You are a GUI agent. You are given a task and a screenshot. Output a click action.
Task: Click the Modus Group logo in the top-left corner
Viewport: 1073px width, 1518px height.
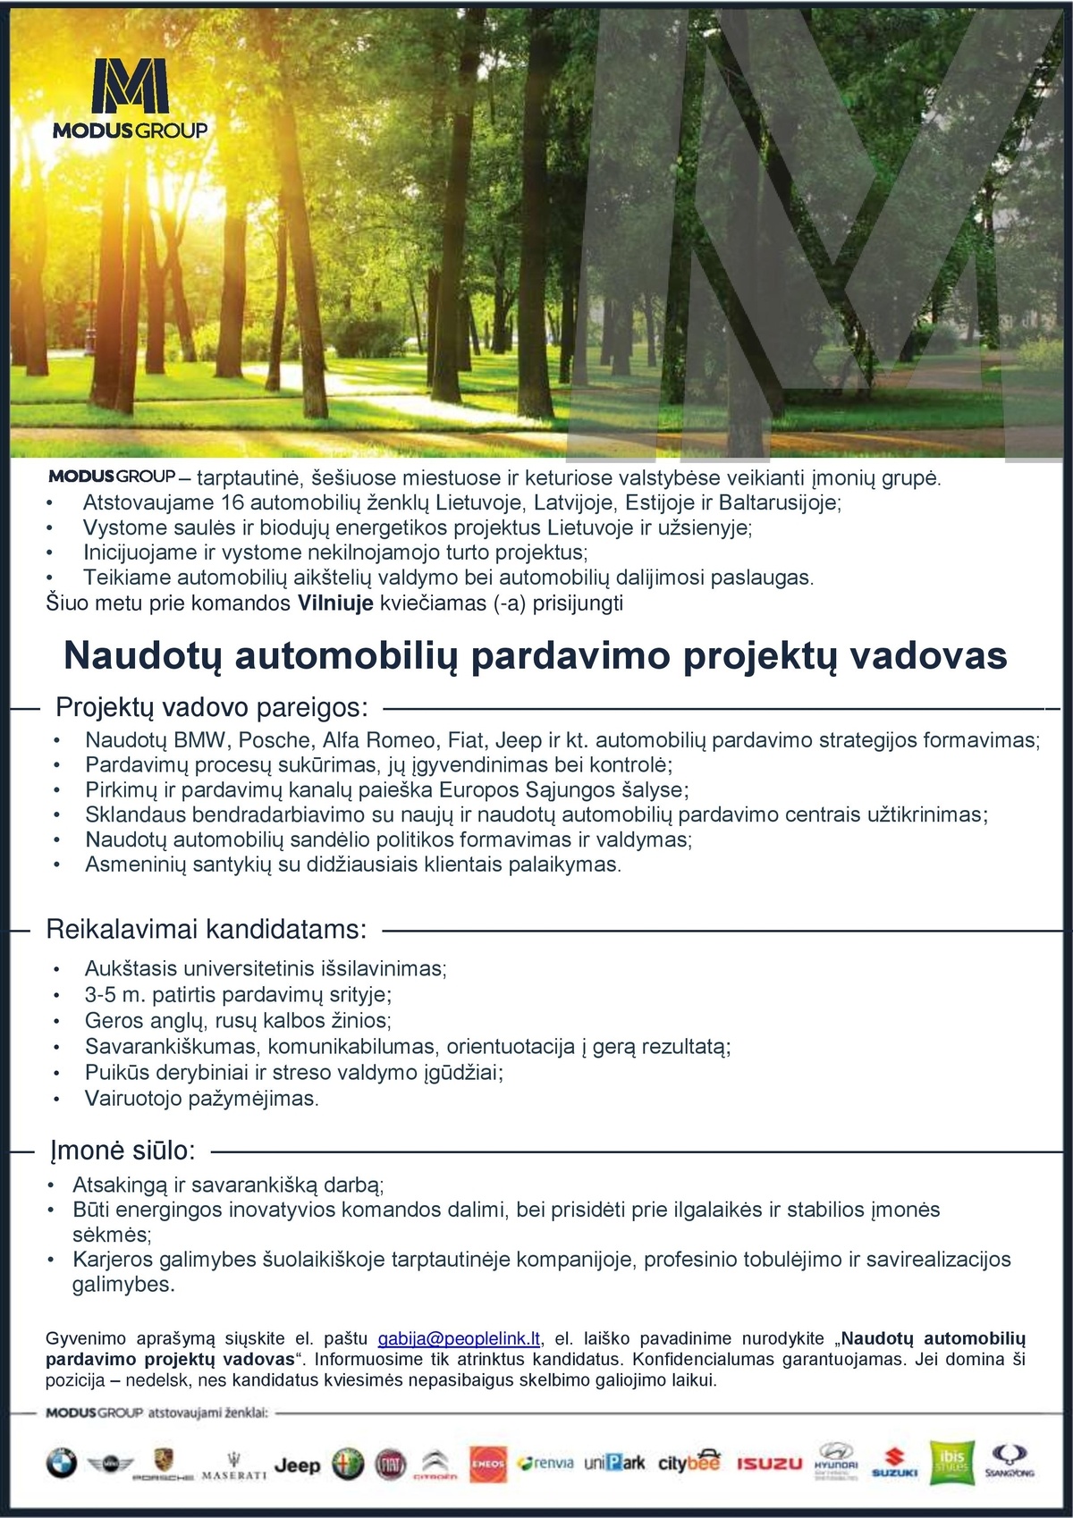coord(131,99)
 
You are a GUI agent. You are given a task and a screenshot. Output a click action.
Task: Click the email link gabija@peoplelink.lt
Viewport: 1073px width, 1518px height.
coord(459,1338)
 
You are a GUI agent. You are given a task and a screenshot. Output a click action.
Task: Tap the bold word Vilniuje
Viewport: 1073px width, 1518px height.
coord(335,603)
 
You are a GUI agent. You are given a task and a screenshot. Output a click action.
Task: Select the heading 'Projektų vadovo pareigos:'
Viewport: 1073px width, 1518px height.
coord(212,708)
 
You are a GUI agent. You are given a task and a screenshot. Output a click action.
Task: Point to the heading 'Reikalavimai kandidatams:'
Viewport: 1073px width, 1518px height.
coord(206,930)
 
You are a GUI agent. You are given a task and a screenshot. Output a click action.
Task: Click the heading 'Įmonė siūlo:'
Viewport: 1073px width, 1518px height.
coord(123,1151)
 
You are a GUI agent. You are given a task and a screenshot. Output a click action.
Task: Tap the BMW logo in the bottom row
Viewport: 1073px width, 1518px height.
coord(62,1463)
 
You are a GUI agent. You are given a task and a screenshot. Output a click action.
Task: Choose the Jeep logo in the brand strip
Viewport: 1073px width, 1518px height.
coord(297,1464)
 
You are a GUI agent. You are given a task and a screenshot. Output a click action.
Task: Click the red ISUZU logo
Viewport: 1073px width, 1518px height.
coord(770,1463)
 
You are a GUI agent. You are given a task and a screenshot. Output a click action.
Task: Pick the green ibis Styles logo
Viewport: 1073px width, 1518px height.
coord(951,1463)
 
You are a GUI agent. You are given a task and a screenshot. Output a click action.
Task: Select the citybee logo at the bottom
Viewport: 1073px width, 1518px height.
coord(689,1462)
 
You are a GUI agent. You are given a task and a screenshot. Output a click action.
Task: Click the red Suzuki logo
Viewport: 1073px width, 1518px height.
coord(895,1463)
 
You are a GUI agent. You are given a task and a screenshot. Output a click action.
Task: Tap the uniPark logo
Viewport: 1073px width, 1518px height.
coord(614,1463)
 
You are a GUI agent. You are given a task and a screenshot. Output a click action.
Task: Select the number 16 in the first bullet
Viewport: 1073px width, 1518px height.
coord(232,502)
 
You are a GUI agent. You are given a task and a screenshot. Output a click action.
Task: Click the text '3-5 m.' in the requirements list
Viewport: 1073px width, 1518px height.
coord(115,994)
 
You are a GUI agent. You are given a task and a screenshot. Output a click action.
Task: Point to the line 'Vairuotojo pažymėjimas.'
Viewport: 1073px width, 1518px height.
coord(202,1098)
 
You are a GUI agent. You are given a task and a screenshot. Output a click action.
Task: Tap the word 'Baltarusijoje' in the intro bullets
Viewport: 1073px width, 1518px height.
coord(778,502)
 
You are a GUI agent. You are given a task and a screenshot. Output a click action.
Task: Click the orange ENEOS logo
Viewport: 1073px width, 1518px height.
coord(488,1463)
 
